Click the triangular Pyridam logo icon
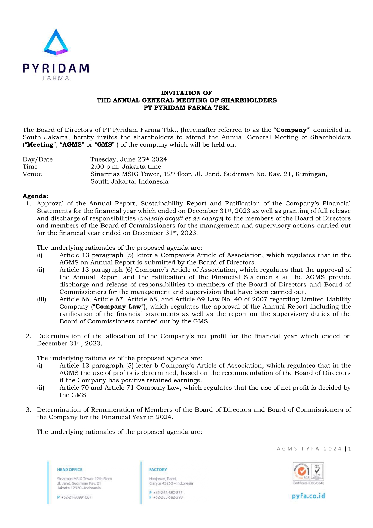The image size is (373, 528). [x=56, y=43]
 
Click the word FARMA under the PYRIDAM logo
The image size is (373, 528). [x=56, y=78]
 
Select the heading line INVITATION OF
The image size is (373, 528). [x=186, y=93]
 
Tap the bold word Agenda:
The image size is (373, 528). [x=35, y=196]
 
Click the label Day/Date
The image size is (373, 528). [x=38, y=159]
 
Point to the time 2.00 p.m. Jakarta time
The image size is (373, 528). [x=126, y=167]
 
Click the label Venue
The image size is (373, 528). [x=32, y=174]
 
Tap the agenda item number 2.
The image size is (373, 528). [x=28, y=336]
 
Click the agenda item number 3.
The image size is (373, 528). [x=28, y=410]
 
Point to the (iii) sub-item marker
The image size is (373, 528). [x=41, y=299]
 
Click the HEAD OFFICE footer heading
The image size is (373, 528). [x=70, y=469]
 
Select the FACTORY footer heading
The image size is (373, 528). [x=158, y=469]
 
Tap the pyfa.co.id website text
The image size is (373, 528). [x=308, y=496]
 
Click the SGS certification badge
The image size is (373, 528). [x=302, y=472]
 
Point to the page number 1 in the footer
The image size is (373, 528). [x=350, y=449]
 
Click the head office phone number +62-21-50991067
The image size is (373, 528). [x=76, y=497]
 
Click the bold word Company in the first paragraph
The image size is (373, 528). [x=291, y=130]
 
